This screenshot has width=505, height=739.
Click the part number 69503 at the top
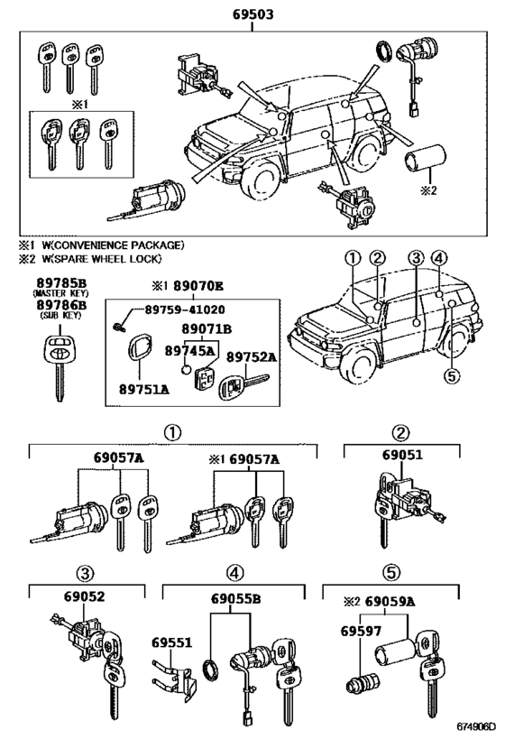[252, 14]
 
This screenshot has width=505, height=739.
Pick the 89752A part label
[250, 356]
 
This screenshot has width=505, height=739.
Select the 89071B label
[207, 330]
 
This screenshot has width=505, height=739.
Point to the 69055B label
[237, 596]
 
